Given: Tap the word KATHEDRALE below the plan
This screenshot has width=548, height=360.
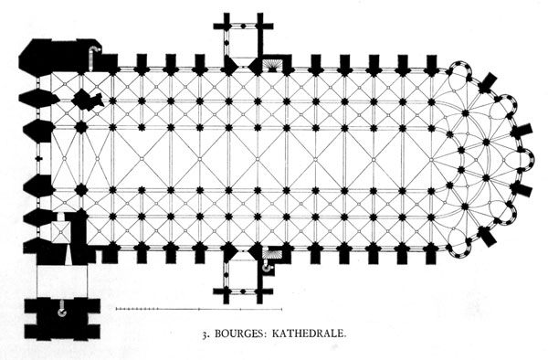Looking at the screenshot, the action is pos(309,334).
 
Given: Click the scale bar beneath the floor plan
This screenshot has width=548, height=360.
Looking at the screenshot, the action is pos(199,309).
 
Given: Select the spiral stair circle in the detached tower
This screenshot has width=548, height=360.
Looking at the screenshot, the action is pos(62,312).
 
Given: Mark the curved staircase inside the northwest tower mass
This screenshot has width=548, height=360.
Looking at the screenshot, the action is pos(93,57).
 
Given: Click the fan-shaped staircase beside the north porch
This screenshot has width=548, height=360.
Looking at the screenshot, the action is pos(271,65).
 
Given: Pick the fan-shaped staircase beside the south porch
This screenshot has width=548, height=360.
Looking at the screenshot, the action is pos(271,253).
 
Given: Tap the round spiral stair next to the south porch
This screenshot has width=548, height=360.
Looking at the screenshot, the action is pos(268,268).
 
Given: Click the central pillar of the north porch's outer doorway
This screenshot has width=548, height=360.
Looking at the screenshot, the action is pos(243,26).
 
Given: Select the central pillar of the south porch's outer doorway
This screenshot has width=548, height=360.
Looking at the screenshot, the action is pos(243,291).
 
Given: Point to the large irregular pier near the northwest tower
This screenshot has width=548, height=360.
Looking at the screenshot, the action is pos(87,100).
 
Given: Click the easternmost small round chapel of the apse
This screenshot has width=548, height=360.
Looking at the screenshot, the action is pos(527,160).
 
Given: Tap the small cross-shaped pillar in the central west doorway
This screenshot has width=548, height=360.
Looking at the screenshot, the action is pos(38,158).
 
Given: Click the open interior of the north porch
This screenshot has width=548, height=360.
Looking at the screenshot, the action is pos(243,41).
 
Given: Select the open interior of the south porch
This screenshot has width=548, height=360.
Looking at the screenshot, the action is pos(243,275).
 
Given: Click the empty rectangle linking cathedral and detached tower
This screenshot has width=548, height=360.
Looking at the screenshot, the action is pos(62,281).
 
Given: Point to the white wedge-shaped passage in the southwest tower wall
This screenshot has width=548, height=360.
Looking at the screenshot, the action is pos(68,254).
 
